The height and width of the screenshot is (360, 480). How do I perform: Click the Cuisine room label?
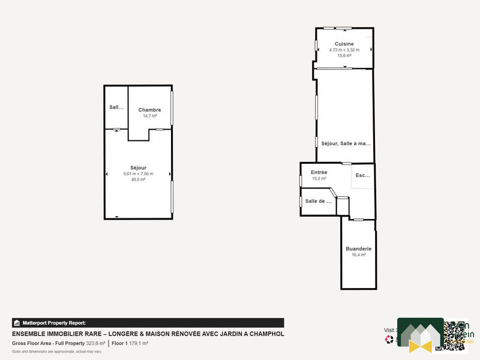click(344, 44)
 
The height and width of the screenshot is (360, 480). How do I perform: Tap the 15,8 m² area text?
click(344, 55)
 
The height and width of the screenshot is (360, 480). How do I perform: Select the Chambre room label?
click(149, 110)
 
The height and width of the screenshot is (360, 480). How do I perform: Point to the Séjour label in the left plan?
click(139, 167)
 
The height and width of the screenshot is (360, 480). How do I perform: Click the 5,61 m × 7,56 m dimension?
click(139, 173)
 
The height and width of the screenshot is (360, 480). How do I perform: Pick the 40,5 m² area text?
click(139, 179)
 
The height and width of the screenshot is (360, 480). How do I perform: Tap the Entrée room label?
click(319, 172)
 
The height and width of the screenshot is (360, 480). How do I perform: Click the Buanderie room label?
click(359, 249)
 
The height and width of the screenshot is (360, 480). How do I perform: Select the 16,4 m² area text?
click(359, 255)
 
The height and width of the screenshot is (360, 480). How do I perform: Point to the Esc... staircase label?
click(363, 176)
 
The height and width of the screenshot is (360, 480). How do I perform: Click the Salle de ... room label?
click(318, 202)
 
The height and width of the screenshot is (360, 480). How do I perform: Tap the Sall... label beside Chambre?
click(116, 107)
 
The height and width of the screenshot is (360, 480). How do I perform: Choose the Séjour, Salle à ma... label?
click(346, 144)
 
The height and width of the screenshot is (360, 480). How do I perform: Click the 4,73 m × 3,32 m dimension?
click(344, 50)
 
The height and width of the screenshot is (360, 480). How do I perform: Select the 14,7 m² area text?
click(149, 116)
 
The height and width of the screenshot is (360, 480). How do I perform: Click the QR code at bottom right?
click(454, 335)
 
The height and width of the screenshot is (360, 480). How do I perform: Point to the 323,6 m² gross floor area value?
click(95, 343)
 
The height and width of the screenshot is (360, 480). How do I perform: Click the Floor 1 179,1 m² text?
click(130, 343)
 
